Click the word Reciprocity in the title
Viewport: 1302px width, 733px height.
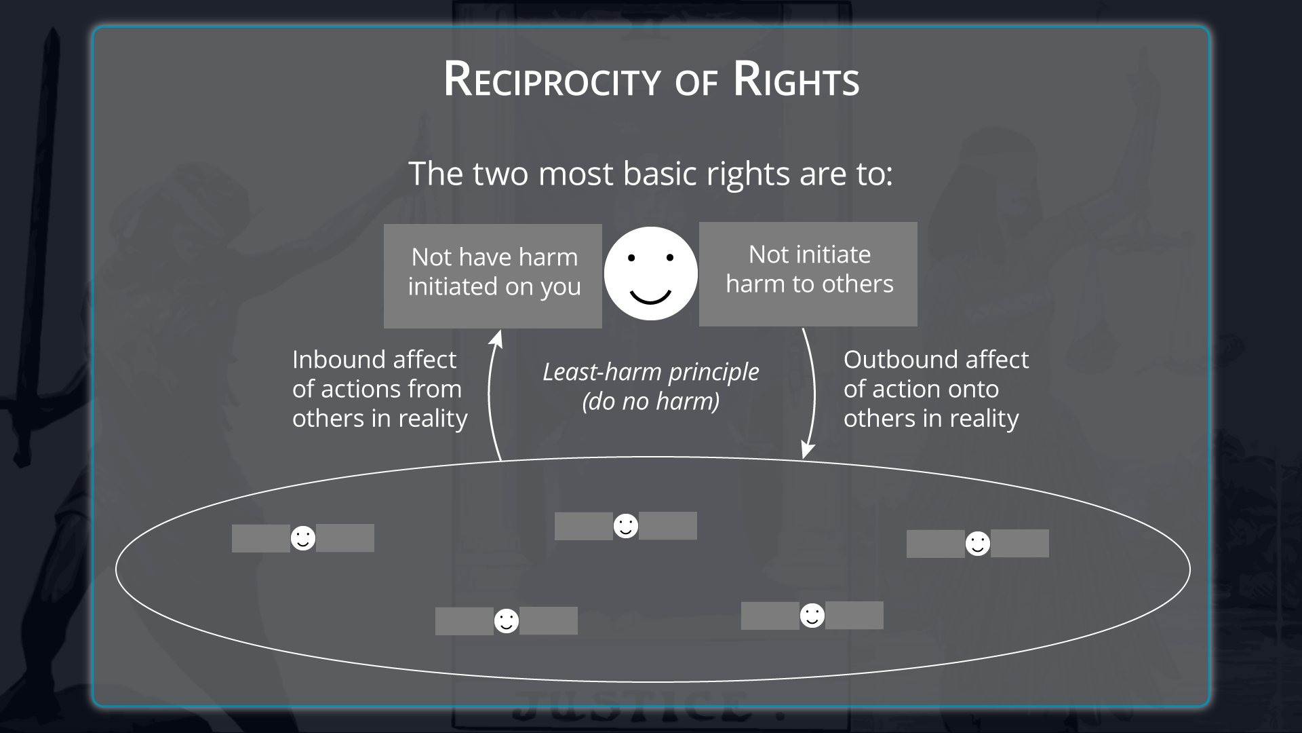point(551,80)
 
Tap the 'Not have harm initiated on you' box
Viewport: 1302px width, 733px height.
point(493,276)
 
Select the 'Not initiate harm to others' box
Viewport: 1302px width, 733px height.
point(808,274)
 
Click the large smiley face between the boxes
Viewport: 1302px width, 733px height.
point(650,274)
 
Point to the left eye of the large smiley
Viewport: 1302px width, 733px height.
point(631,258)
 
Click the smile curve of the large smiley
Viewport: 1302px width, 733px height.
point(650,297)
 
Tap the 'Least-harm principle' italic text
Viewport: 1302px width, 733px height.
point(650,372)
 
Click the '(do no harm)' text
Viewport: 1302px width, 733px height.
point(650,401)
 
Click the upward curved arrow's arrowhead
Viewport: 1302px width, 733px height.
point(498,337)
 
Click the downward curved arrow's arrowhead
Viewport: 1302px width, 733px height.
point(807,450)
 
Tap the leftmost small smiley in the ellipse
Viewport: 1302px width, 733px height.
point(303,538)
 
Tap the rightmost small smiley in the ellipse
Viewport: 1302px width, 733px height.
point(977,544)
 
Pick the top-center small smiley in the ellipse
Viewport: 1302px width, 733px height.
point(626,526)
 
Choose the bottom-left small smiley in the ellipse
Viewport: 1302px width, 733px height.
point(507,621)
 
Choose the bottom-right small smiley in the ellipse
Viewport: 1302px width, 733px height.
point(812,616)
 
